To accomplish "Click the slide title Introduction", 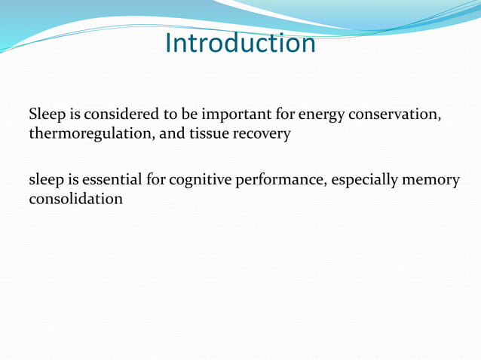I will tap(240, 43).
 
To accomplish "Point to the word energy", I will tap(321, 115).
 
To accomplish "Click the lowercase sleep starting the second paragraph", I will tap(46, 181).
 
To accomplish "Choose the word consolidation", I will tap(75, 200).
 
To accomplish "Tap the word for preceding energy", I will tap(286, 115).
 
